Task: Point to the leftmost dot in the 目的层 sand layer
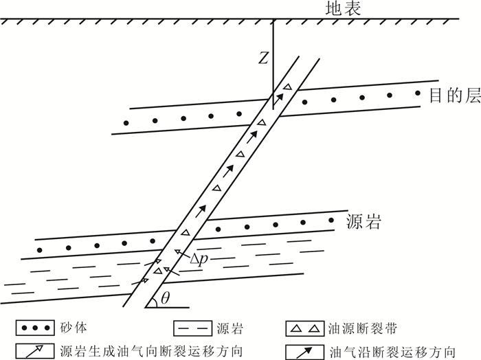coord(126,123)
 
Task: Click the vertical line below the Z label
coord(273,76)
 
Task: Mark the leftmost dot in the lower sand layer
coord(38,249)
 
